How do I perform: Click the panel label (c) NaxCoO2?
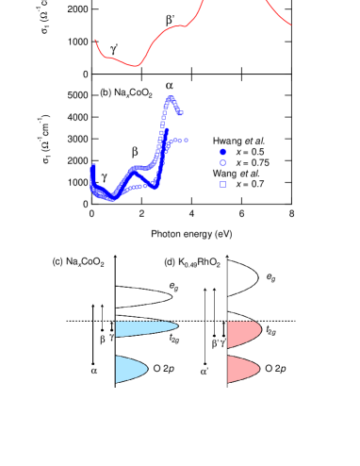pos(78,259)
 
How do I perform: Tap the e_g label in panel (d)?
pos(271,278)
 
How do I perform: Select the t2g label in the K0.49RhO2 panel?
pos(271,332)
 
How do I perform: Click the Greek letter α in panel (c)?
pos(93,371)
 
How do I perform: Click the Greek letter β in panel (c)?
pos(102,338)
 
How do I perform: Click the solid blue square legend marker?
pos(223,152)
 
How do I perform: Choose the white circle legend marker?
pos(223,162)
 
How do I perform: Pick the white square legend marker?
pos(223,184)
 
